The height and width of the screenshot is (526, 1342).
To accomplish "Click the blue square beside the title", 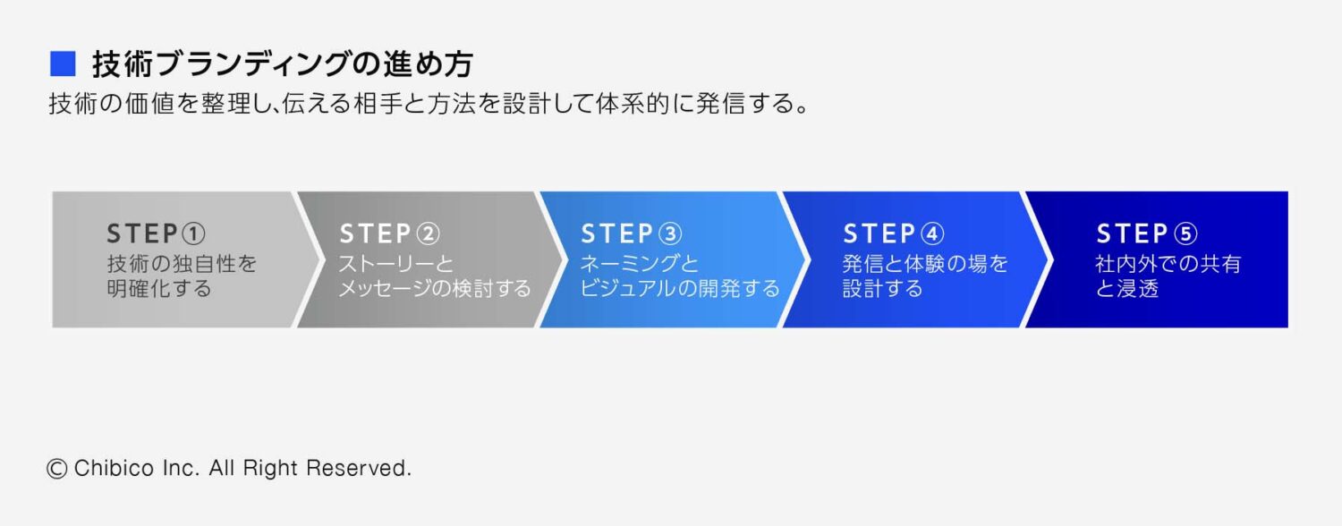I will pos(63,64).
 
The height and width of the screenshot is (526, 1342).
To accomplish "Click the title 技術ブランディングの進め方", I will pos(282,64).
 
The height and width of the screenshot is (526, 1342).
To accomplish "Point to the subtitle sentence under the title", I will pos(429,105).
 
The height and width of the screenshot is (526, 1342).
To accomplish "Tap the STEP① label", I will pos(157,234).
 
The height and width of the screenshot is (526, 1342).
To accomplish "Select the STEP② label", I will pos(390,234).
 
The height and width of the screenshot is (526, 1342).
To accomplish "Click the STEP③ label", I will pos(632,234).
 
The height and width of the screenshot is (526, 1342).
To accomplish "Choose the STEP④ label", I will pos(894,234).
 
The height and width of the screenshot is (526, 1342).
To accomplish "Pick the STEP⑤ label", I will pos(1147,234).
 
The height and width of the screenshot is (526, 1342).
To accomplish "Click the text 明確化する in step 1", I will pos(159,289).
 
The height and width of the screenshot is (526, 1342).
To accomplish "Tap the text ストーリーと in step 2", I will pos(396,265).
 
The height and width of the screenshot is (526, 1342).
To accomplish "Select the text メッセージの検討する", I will pos(436,289).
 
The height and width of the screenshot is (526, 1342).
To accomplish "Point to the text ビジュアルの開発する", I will pos(680,289).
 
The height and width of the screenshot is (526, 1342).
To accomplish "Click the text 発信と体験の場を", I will pos(925,265).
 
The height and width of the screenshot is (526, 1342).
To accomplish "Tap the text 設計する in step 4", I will pos(882,289).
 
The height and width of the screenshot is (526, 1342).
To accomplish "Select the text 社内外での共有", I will pos(1168,265).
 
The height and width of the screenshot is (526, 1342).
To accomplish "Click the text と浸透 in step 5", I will pos(1127,289).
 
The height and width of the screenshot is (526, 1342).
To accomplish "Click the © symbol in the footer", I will pos(57,468).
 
